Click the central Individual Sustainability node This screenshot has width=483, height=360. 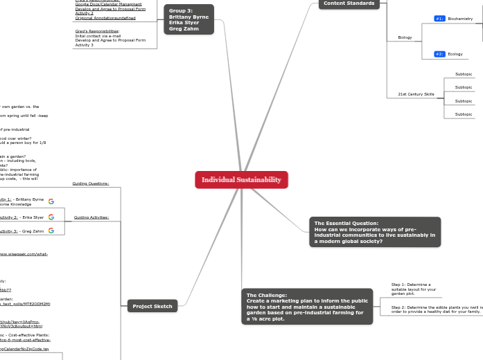pyautogui.click(x=241, y=180)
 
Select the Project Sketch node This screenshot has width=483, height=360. pyautogui.click(x=152, y=306)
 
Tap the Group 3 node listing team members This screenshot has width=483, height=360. pyautogui.click(x=188, y=19)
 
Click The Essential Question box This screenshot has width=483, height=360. pyautogui.click(x=375, y=232)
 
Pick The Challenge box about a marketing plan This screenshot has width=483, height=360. pyautogui.click(x=307, y=307)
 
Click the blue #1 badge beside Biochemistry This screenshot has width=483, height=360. pyautogui.click(x=439, y=19)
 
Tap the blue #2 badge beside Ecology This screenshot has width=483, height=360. pyautogui.click(x=439, y=54)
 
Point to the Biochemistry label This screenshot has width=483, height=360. pyautogui.click(x=460, y=19)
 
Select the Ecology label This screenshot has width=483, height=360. pyautogui.click(x=455, y=54)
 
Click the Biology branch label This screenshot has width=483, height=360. pyautogui.click(x=405, y=37)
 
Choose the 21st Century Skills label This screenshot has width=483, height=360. pyautogui.click(x=416, y=94)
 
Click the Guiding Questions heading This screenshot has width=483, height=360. pyautogui.click(x=91, y=183)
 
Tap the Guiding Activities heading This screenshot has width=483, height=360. pyautogui.click(x=91, y=217)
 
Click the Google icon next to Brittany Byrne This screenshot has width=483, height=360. pyautogui.click(x=51, y=201)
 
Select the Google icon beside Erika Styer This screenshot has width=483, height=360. pyautogui.click(x=51, y=217)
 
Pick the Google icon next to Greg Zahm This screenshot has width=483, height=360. pyautogui.click(x=51, y=231)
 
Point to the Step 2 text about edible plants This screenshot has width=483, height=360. pyautogui.click(x=437, y=309)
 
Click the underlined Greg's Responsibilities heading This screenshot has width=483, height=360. pyautogui.click(x=97, y=31)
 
